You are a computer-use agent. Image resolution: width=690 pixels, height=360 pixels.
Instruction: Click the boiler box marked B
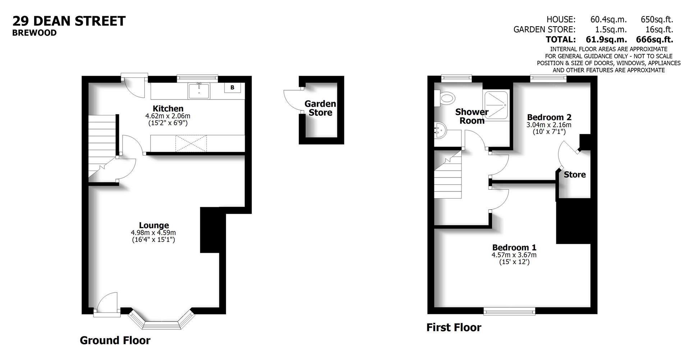point(233,88)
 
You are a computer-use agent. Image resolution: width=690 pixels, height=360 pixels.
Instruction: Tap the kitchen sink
point(199,90)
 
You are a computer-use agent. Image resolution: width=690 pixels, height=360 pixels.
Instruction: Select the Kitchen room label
point(168,109)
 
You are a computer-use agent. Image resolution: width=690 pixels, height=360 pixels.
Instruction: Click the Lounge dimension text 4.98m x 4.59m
point(153,233)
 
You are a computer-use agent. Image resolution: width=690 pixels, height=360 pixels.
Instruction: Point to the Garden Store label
point(320,108)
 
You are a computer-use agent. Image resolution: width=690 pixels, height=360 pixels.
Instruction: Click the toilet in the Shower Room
point(446,98)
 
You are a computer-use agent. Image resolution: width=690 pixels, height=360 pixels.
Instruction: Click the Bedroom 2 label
point(549,117)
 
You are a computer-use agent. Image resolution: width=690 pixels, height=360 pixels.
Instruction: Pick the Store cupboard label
point(574,175)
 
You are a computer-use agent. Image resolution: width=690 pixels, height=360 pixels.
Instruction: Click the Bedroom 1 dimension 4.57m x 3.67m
point(514,255)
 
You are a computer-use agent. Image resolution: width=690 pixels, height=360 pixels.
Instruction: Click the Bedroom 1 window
point(509,311)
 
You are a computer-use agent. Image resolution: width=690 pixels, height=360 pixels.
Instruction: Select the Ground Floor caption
point(115,340)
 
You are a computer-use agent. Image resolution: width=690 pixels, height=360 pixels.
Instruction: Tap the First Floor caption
point(454,327)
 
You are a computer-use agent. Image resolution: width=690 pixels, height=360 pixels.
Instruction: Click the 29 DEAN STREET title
point(69,21)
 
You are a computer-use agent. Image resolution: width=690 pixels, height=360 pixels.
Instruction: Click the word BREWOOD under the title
point(34,33)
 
